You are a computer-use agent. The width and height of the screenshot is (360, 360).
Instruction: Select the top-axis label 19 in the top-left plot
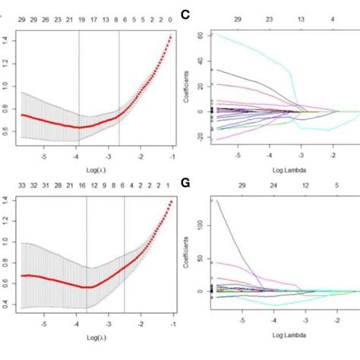80,14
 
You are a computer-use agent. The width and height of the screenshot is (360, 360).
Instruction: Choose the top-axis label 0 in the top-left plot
170,14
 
